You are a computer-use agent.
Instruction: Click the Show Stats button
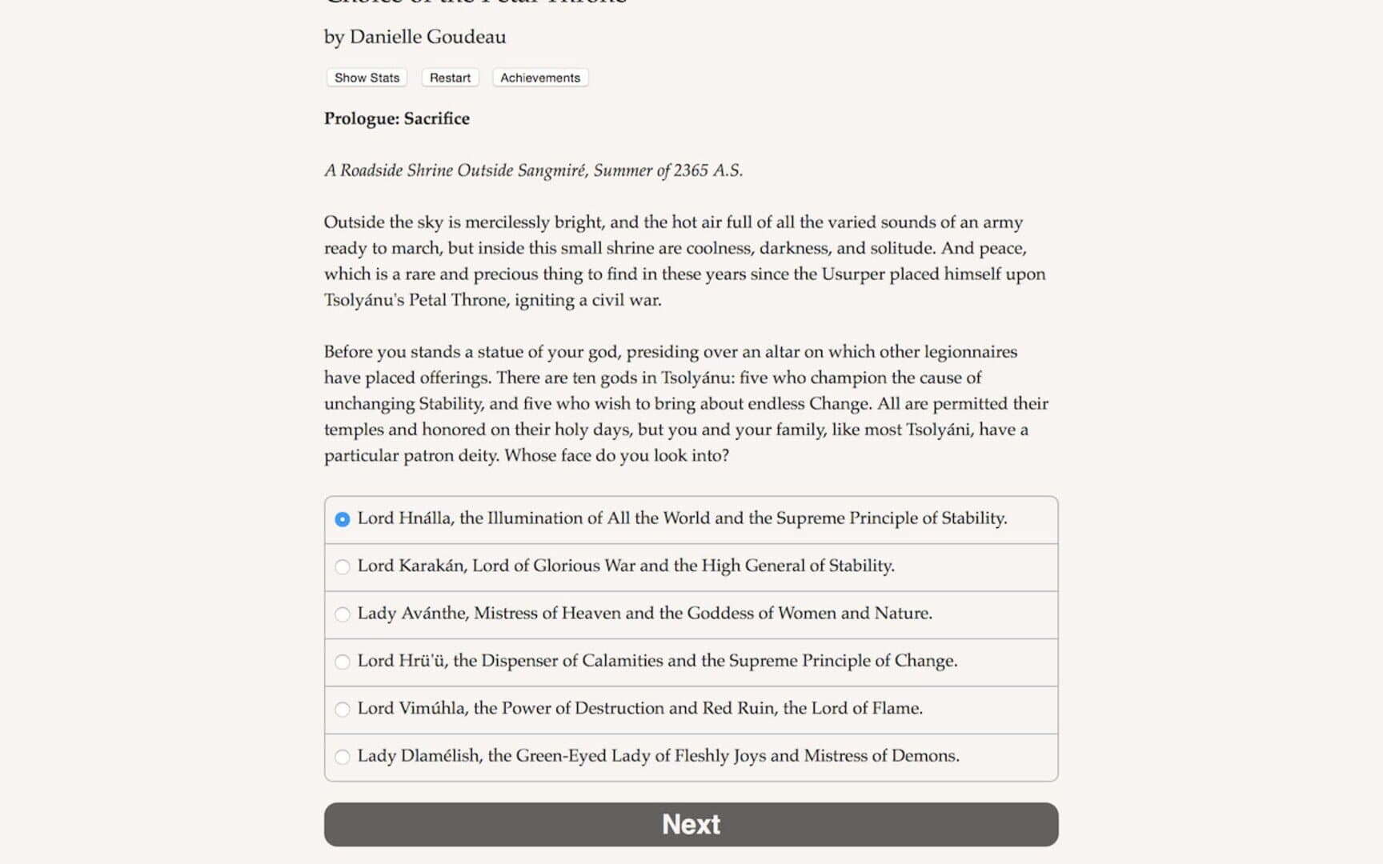click(367, 78)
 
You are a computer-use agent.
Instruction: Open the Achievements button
click(540, 78)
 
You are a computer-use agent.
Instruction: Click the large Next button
click(691, 824)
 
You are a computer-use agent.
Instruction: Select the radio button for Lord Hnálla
click(343, 519)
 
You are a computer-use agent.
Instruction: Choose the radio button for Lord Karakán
click(343, 567)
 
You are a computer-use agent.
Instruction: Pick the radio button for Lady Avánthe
click(343, 614)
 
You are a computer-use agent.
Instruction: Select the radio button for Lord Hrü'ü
click(343, 662)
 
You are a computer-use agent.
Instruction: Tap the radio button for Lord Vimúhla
click(343, 710)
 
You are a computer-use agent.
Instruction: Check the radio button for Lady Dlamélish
click(343, 757)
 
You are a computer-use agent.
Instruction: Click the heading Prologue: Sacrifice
click(396, 118)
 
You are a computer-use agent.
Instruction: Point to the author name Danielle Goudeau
click(427, 37)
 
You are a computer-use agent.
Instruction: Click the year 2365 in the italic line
click(691, 170)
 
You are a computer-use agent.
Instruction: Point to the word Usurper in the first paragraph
click(853, 274)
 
